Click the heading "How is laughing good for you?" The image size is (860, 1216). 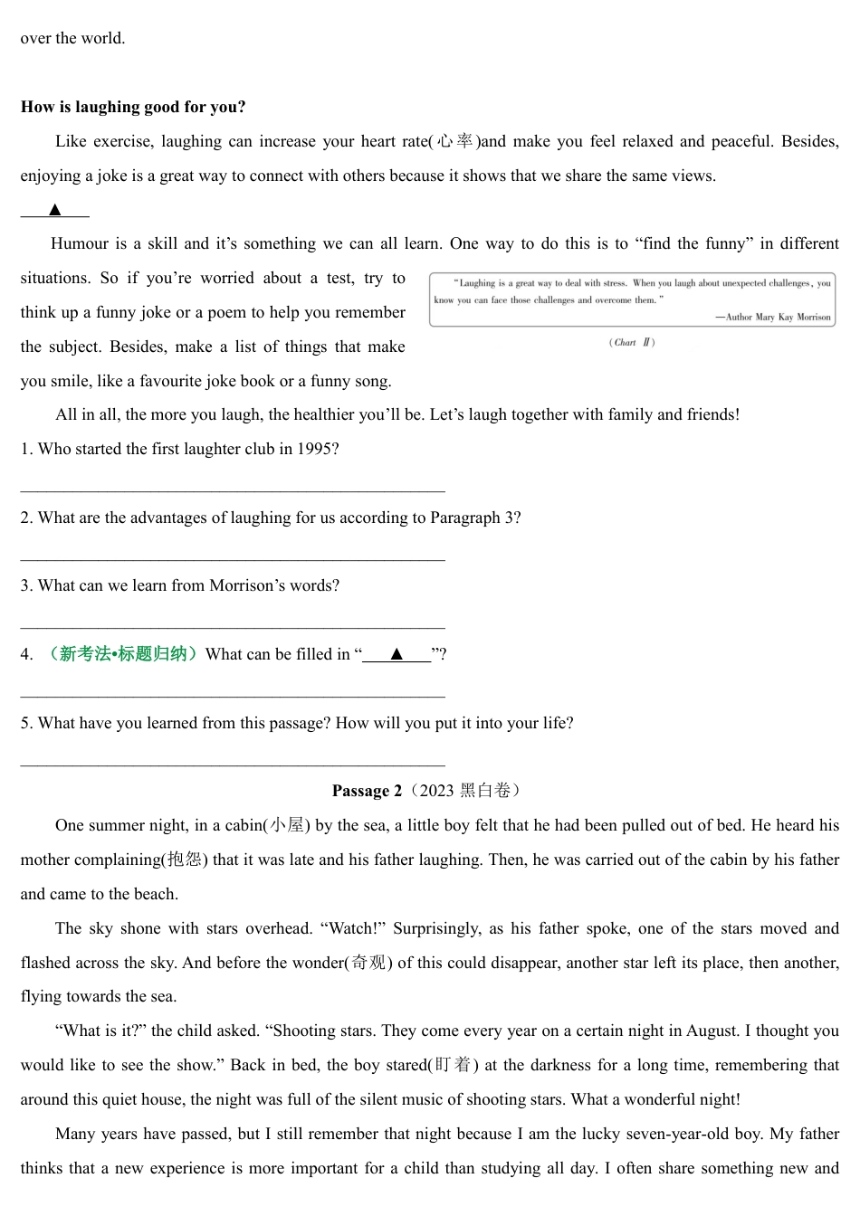(133, 107)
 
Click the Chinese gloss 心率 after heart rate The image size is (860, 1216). (454, 141)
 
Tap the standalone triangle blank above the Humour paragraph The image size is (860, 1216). (55, 210)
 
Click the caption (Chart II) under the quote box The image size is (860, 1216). (632, 342)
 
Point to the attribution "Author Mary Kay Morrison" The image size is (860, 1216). (778, 317)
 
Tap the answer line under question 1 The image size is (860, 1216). (233, 490)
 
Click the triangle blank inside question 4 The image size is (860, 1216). (397, 654)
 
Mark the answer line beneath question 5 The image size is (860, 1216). (233, 765)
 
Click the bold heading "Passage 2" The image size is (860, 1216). (367, 791)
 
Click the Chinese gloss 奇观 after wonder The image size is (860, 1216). (369, 963)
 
